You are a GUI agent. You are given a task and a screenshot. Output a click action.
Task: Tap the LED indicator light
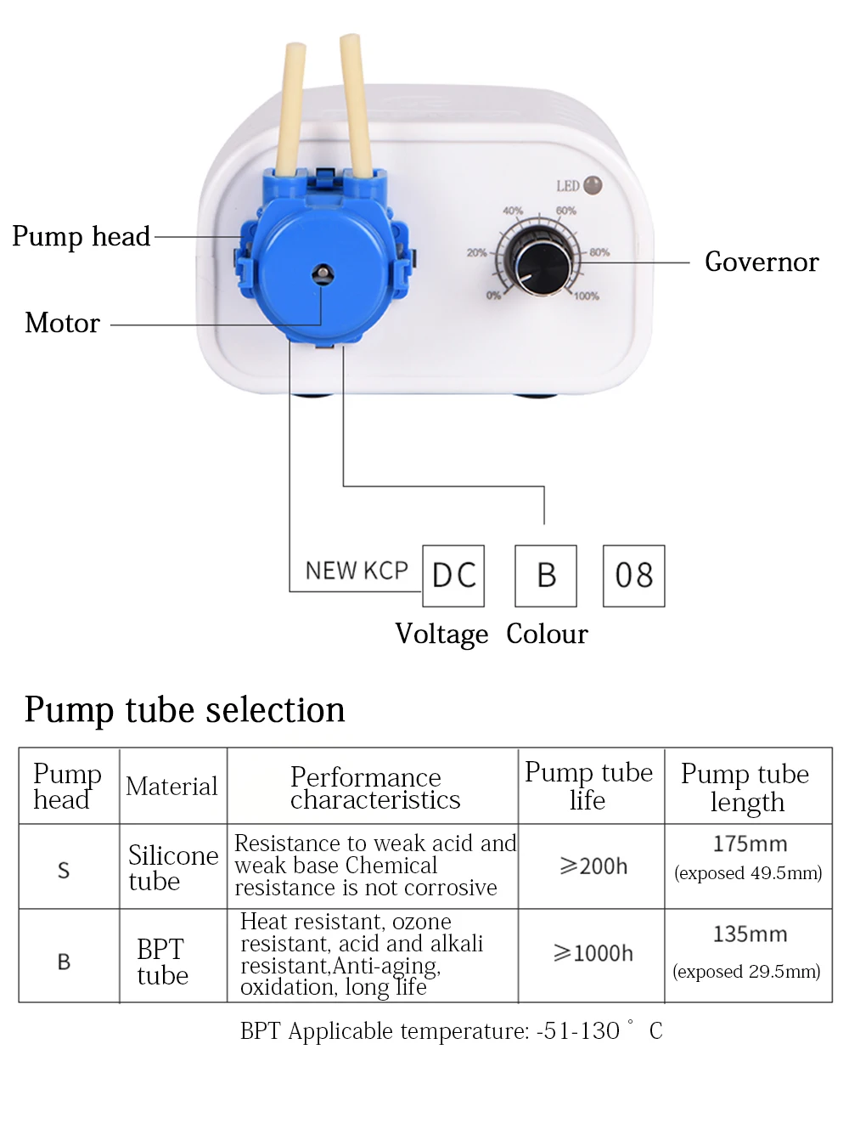[593, 185]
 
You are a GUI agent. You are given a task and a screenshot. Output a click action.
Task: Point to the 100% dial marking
[586, 296]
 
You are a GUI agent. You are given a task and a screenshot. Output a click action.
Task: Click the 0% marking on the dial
[493, 295]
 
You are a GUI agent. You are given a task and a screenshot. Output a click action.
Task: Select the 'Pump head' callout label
[82, 236]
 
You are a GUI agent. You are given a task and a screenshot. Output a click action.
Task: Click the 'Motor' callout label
[63, 324]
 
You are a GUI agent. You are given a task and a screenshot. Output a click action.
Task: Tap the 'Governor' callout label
[762, 262]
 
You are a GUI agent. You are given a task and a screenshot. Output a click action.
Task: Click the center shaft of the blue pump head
[322, 274]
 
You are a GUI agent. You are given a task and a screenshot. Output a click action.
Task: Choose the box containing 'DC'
[453, 576]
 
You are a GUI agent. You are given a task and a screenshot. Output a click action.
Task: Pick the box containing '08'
[633, 576]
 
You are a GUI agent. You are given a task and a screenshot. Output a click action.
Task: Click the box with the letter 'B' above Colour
[546, 576]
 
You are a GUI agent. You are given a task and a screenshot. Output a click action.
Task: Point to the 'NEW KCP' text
[357, 571]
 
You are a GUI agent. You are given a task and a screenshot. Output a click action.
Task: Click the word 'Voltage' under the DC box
[441, 635]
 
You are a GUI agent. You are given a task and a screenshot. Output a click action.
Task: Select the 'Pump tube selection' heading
[185, 710]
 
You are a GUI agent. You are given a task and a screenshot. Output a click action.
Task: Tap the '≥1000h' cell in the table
[593, 954]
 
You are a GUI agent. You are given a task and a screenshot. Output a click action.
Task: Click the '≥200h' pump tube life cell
[593, 866]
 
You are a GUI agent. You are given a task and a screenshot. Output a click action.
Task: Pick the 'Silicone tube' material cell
[172, 867]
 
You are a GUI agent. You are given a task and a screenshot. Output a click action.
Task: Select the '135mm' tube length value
[750, 934]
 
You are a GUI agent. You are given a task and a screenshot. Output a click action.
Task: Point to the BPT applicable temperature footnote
[451, 1031]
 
